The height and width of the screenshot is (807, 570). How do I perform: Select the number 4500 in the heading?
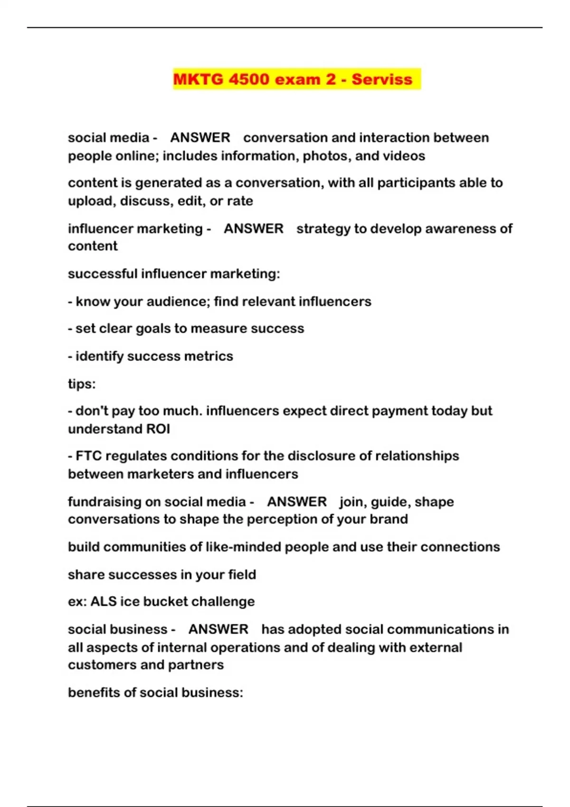coord(249,79)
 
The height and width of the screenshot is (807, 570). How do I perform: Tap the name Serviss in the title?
coord(382,79)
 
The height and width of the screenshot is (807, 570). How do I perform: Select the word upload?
coord(90,201)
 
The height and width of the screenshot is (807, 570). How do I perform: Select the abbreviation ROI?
coord(158,429)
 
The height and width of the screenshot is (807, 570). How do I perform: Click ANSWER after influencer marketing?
coord(253,228)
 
